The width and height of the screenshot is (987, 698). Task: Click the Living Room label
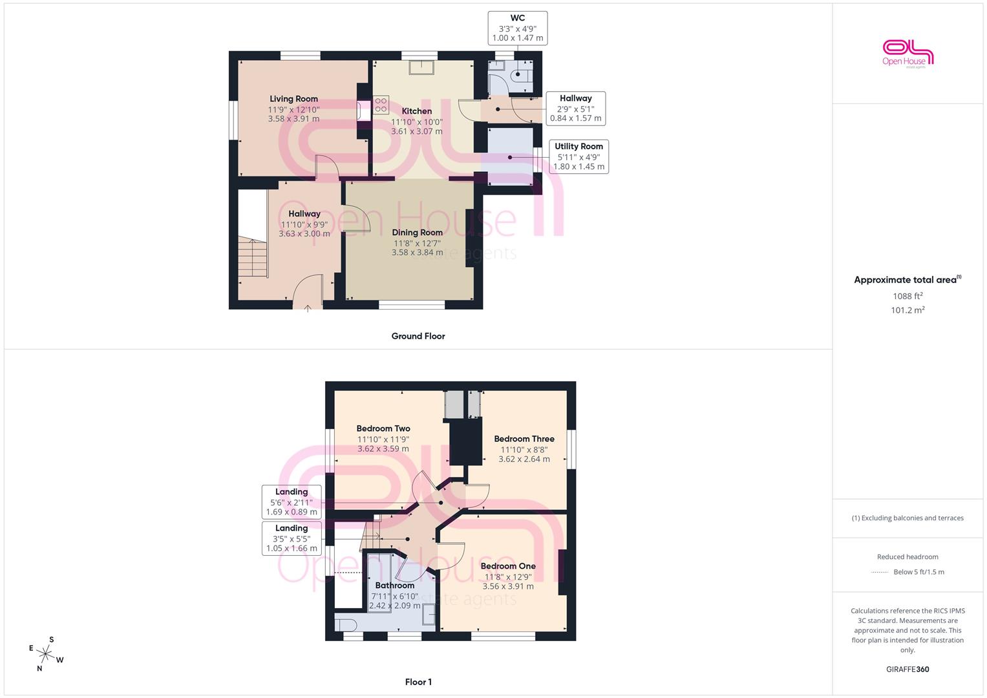pyautogui.click(x=293, y=99)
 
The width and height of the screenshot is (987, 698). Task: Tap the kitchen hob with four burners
pyautogui.click(x=381, y=105)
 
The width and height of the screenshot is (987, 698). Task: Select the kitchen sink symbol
pyautogui.click(x=421, y=68)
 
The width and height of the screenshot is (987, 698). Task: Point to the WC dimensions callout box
pyautogui.click(x=518, y=28)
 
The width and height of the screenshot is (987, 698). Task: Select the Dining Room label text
pyautogui.click(x=418, y=233)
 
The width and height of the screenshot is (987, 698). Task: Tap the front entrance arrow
pyautogui.click(x=308, y=308)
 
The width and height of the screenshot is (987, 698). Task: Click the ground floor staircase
pyautogui.click(x=253, y=257)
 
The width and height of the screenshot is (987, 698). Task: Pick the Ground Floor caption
pyautogui.click(x=418, y=336)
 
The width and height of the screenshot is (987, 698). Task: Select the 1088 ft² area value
pyautogui.click(x=907, y=296)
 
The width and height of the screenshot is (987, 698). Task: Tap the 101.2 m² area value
pyautogui.click(x=907, y=310)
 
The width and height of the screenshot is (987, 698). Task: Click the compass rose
pyautogui.click(x=46, y=654)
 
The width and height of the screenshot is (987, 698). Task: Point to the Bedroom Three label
pyautogui.click(x=524, y=439)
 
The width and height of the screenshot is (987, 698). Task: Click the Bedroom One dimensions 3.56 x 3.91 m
pyautogui.click(x=508, y=587)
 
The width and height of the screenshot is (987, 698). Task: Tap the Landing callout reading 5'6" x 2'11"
pyautogui.click(x=292, y=502)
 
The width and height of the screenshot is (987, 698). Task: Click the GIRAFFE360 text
pyautogui.click(x=907, y=670)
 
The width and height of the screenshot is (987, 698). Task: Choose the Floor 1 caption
pyautogui.click(x=418, y=682)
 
